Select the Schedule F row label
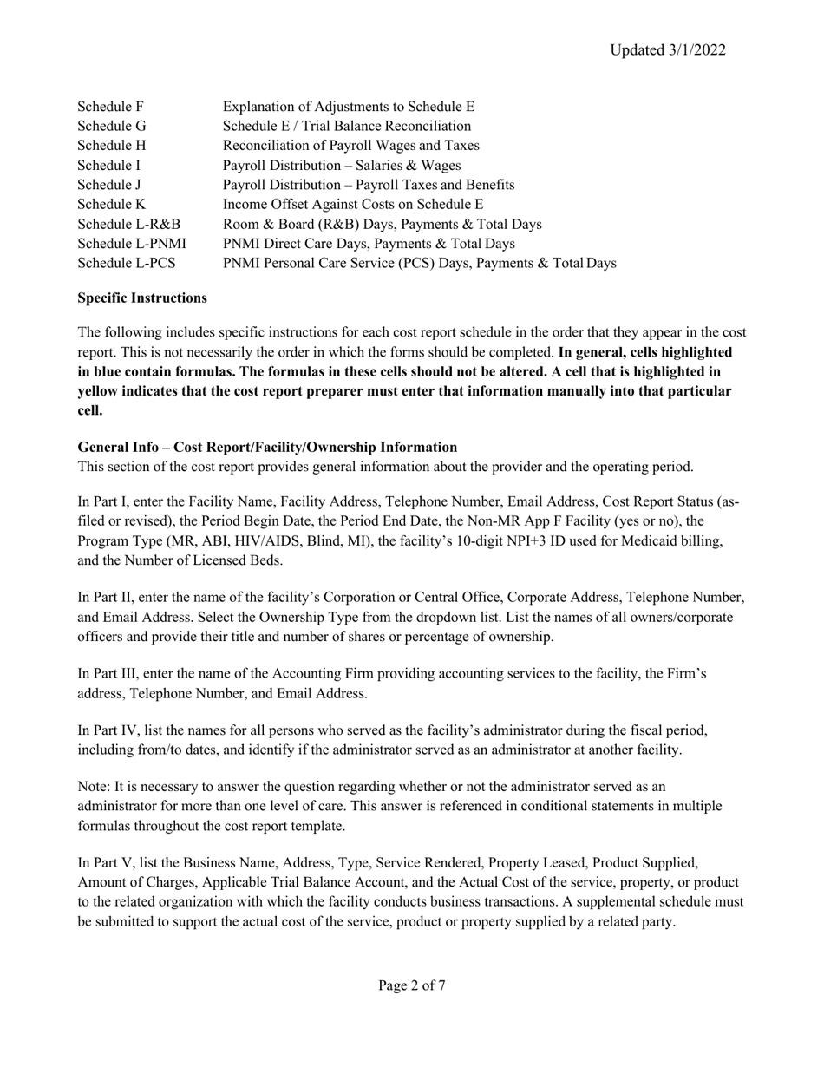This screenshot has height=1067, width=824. tap(110, 107)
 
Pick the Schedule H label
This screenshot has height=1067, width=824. tap(111, 146)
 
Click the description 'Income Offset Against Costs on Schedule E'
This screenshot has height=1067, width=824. tap(353, 204)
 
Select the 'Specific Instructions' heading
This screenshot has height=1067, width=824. tap(142, 298)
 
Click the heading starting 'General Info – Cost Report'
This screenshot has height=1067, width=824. tap(267, 448)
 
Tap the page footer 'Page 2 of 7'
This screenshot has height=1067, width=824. tap(412, 985)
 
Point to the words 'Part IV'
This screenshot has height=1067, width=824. tap(112, 730)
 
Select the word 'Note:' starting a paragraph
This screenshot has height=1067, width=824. tap(95, 787)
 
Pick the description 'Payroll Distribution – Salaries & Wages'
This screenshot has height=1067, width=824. tap(342, 165)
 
